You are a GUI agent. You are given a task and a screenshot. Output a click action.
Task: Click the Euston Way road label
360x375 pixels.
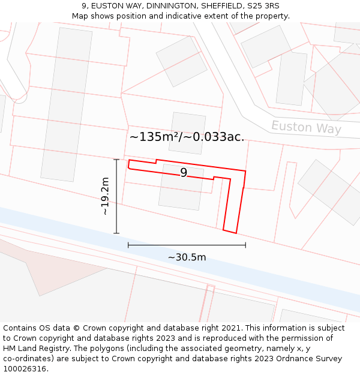pyautogui.click(x=306, y=127)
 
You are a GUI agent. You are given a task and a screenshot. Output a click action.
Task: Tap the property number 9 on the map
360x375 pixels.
pyautogui.click(x=184, y=173)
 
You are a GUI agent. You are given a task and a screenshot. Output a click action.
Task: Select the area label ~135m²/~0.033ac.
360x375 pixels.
pyautogui.click(x=187, y=137)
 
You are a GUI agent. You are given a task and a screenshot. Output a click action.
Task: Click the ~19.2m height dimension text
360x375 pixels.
pyautogui.click(x=105, y=196)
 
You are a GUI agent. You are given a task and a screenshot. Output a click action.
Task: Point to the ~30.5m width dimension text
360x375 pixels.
pyautogui.click(x=187, y=257)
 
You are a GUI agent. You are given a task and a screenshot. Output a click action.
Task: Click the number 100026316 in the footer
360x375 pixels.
pyautogui.click(x=25, y=369)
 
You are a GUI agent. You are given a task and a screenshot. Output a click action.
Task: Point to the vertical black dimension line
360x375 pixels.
pyautogui.click(x=116, y=196)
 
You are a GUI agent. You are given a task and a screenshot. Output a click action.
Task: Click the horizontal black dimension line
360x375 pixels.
pyautogui.click(x=187, y=245)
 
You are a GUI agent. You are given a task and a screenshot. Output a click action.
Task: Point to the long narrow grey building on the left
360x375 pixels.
pyautogui.click(x=66, y=105)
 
